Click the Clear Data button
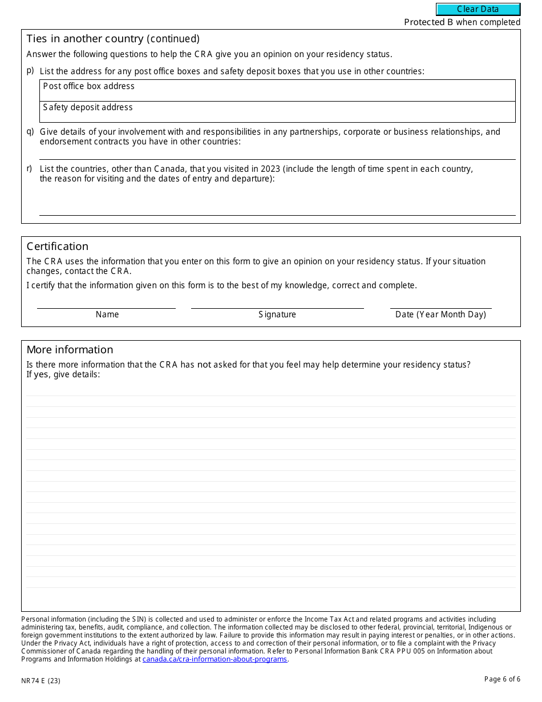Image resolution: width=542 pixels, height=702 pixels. (478, 9)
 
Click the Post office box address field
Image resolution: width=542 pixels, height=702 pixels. (278, 91)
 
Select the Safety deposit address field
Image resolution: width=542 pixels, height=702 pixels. (278, 112)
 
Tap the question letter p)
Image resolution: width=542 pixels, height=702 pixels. (30, 71)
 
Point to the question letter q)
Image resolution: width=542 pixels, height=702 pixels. (30, 132)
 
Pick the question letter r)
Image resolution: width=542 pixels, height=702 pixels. (30, 169)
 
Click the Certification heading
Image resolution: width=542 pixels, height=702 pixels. (58, 247)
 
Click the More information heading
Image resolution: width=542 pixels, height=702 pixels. (70, 350)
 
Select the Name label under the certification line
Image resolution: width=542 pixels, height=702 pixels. (107, 314)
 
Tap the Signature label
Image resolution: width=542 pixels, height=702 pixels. (277, 314)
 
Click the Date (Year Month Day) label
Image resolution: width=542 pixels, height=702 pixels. (440, 314)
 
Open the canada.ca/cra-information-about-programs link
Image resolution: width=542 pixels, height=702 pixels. (215, 659)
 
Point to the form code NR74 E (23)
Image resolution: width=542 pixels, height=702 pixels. (41, 680)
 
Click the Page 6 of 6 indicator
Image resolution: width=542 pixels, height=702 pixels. (502, 679)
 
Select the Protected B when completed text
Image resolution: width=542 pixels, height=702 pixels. (462, 22)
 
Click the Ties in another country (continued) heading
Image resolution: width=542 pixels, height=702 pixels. (113, 39)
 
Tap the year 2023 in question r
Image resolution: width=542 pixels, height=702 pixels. (270, 169)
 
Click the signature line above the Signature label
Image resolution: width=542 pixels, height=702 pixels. (277, 308)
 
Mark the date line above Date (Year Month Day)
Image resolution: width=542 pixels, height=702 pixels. (440, 308)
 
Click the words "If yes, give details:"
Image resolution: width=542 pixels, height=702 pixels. (63, 374)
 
